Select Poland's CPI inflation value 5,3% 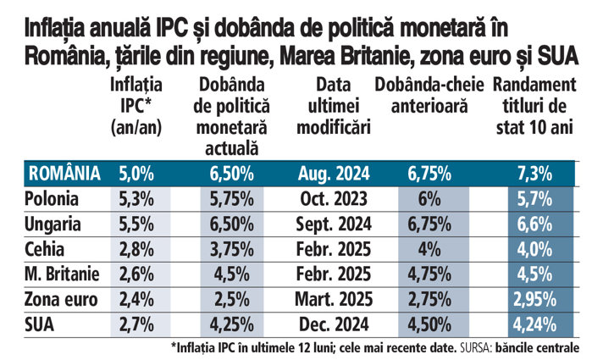click(x=136, y=200)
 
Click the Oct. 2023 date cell click(x=331, y=200)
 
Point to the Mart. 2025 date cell click(x=331, y=299)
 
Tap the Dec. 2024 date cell click(x=331, y=324)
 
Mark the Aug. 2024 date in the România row click(x=331, y=174)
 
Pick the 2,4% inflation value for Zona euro click(x=136, y=299)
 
